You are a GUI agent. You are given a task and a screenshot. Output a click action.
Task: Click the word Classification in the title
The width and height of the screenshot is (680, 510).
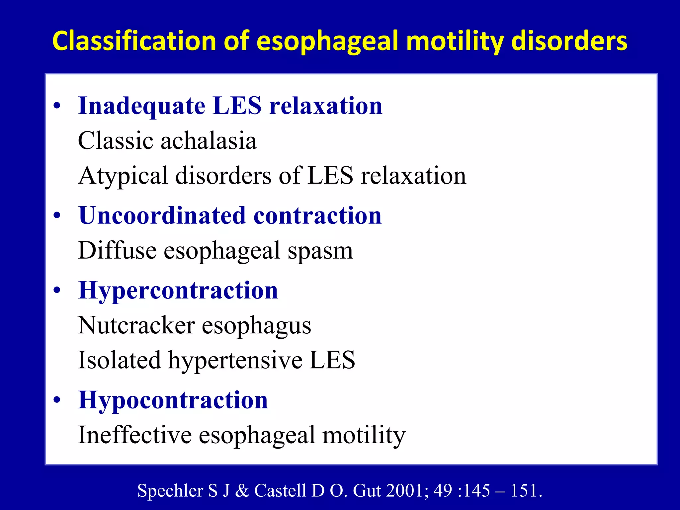point(134,41)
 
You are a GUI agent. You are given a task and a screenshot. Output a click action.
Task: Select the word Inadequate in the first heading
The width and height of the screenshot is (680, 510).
point(142,106)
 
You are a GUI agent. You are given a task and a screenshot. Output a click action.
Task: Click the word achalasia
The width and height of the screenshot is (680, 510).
point(209,141)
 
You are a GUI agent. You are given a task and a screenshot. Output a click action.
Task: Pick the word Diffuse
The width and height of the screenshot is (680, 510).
point(117,250)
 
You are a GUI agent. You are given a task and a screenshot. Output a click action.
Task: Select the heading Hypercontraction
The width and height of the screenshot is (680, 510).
point(178,291)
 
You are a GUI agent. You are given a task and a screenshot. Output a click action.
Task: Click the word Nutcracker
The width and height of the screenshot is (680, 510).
point(136,325)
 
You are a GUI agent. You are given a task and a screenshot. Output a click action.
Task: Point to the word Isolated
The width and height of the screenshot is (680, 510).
point(120,360)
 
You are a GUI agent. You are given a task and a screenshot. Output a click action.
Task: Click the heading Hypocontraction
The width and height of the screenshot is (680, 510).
point(173,400)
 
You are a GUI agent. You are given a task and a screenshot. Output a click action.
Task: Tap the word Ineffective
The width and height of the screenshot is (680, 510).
point(135,435)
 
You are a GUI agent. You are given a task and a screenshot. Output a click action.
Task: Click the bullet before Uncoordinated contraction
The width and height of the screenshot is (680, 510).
point(57,216)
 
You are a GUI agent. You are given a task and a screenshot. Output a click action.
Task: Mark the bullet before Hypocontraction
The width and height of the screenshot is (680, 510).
point(57,400)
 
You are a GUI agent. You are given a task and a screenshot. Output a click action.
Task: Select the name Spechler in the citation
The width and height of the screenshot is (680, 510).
point(170,491)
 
